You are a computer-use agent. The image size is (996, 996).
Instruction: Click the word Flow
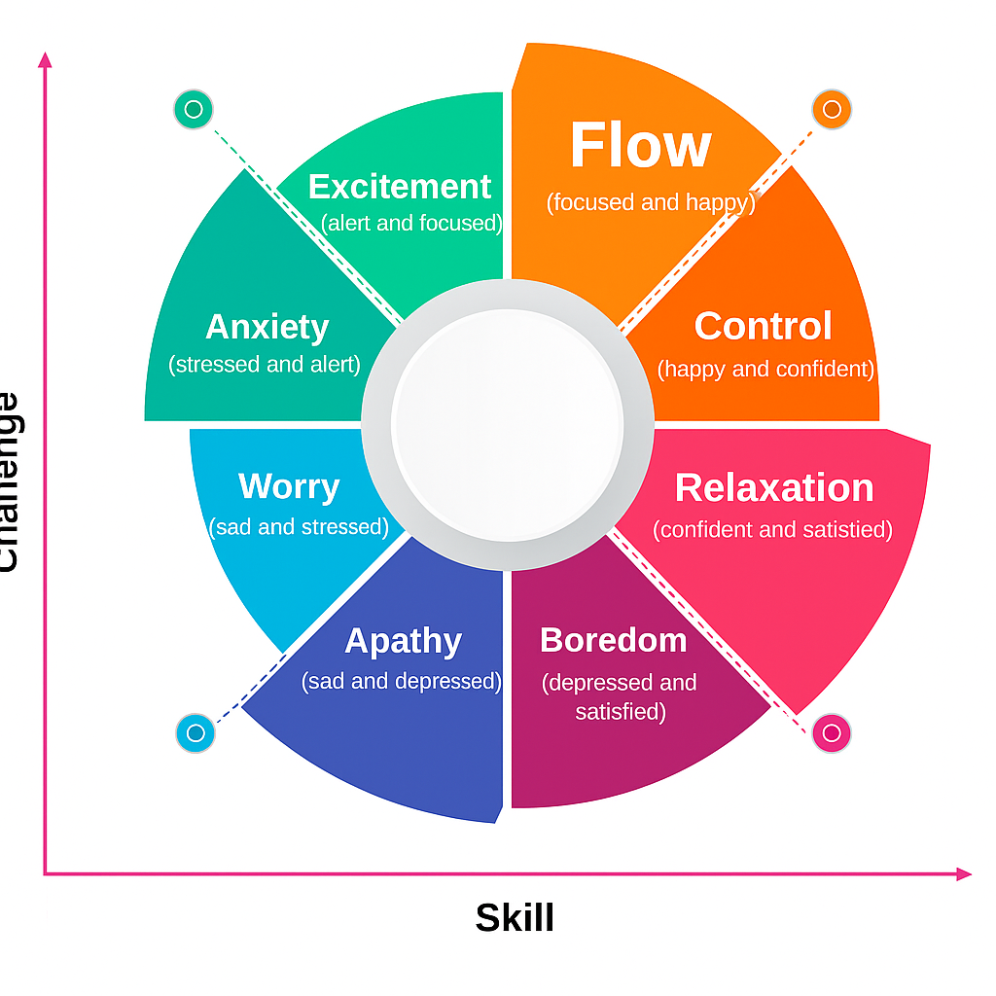pos(640,146)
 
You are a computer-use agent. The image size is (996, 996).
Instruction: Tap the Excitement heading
pos(400,186)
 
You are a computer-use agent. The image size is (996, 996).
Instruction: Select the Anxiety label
pos(267,327)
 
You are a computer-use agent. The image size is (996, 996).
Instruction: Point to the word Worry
pos(289,486)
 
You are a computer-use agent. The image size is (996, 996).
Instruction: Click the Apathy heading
pos(403,641)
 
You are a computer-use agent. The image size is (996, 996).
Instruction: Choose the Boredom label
pos(613,640)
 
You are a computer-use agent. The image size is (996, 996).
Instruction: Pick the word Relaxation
pos(774,488)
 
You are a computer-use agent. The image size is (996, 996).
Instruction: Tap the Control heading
pos(763,327)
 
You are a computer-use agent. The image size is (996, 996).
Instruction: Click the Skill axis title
pos(515,918)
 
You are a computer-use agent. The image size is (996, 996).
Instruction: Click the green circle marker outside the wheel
pos(193,109)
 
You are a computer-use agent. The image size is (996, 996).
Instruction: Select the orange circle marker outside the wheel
pos(832,109)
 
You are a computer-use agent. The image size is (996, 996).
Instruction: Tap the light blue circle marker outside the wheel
pos(195,732)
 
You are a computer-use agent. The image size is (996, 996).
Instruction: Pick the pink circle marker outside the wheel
pos(832,732)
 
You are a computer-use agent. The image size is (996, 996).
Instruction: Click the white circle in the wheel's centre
pos(507,425)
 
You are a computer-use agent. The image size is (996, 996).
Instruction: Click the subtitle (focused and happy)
pos(650,202)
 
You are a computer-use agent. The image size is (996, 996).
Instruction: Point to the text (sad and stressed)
pos(299,527)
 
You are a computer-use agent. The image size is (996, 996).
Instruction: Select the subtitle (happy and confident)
pos(765,370)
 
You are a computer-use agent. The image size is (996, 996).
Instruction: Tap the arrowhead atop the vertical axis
pos(44,59)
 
